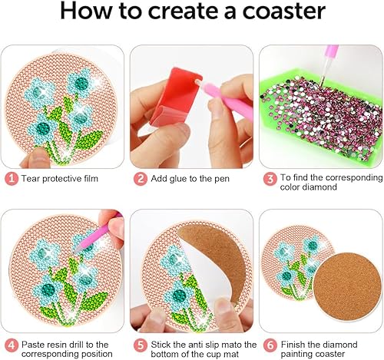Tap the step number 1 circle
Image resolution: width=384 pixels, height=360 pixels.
(10, 178)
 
